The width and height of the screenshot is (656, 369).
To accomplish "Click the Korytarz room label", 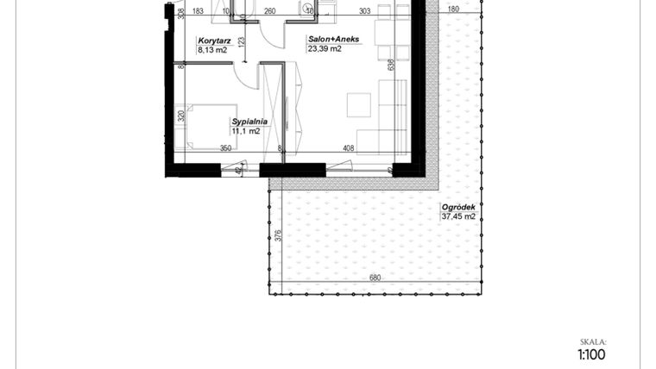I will pyautogui.click(x=211, y=41).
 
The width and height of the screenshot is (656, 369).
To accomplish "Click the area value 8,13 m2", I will pyautogui.click(x=212, y=50).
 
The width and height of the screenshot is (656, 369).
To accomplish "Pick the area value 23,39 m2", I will pyautogui.click(x=325, y=49).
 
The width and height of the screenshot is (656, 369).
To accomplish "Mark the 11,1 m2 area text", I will pyautogui.click(x=245, y=132).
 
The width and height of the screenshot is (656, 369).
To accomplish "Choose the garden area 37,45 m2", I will pyautogui.click(x=458, y=217).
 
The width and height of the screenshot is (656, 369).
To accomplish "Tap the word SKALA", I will pyautogui.click(x=594, y=341).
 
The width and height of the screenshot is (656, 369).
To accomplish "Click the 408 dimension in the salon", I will pyautogui.click(x=349, y=148).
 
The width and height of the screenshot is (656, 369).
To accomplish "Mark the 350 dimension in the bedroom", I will pyautogui.click(x=225, y=148).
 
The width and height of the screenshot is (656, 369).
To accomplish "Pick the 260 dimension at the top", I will pyautogui.click(x=269, y=11).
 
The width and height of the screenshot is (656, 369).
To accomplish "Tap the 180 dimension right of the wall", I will pyautogui.click(x=454, y=11).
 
